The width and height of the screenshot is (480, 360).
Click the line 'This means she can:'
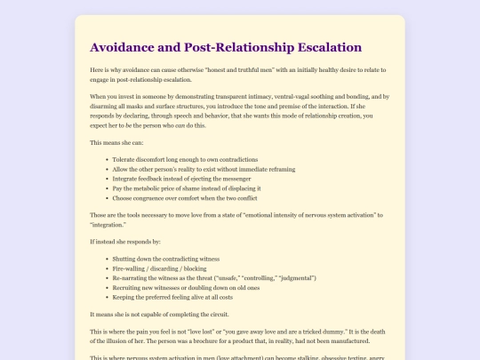pos(120,143)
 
